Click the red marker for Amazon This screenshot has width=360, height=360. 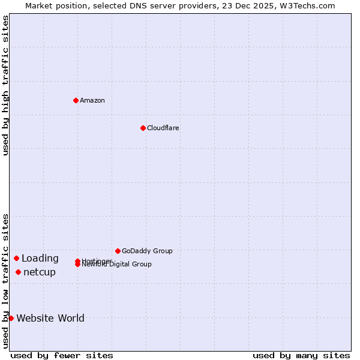(76, 100)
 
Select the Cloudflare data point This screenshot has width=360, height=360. (143, 128)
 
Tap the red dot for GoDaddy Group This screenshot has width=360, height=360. (118, 251)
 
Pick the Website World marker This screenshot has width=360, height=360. (11, 318)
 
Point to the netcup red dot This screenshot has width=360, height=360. (18, 272)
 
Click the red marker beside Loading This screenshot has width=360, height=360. (17, 258)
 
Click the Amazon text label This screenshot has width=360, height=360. (92, 100)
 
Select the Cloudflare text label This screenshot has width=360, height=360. (163, 128)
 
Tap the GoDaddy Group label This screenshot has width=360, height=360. (147, 251)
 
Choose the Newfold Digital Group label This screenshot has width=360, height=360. (117, 265)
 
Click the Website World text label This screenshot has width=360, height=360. (50, 318)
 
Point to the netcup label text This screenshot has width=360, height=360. (40, 272)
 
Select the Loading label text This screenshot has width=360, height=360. (40, 259)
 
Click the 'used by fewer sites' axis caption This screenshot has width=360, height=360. (62, 355)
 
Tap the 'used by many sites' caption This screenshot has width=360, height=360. (301, 355)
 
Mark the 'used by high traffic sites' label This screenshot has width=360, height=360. (5, 86)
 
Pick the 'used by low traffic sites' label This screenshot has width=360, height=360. (5, 281)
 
